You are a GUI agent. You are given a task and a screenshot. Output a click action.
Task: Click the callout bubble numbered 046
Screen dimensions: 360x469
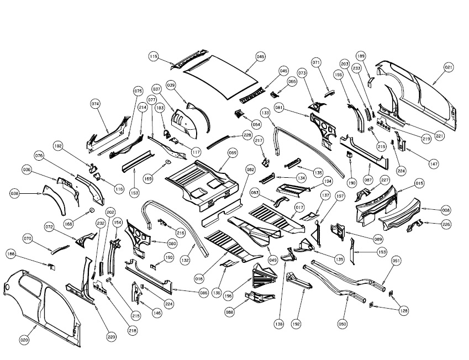click(261, 56)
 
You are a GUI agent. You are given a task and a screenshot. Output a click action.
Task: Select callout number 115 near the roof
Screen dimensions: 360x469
click(154, 56)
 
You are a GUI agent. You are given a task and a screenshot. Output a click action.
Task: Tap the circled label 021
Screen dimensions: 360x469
click(448, 67)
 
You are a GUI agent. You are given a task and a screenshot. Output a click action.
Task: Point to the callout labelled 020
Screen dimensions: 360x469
click(24, 341)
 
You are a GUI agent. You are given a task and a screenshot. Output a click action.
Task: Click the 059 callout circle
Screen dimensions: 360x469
click(233, 152)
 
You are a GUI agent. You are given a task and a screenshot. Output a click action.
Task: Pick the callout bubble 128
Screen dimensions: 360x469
click(405, 311)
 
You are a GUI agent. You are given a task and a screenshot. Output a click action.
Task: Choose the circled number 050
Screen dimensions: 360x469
click(342, 325)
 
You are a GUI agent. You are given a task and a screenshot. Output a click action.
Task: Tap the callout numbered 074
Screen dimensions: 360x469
click(96, 104)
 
